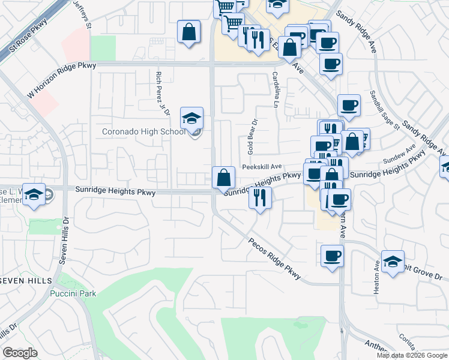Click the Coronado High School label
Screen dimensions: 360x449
143,131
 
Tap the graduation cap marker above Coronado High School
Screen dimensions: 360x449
191,118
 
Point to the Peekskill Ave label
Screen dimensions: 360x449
262,167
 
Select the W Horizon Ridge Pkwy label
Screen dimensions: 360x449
62,80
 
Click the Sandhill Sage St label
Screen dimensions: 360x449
385,110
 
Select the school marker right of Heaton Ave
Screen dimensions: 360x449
393,261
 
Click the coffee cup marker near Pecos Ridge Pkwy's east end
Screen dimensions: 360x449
332,256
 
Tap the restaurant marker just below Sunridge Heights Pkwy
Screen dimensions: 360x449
260,197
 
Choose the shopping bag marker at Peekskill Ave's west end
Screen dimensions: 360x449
223,177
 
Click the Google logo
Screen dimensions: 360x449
20,353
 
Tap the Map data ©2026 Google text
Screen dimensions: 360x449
411,355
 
